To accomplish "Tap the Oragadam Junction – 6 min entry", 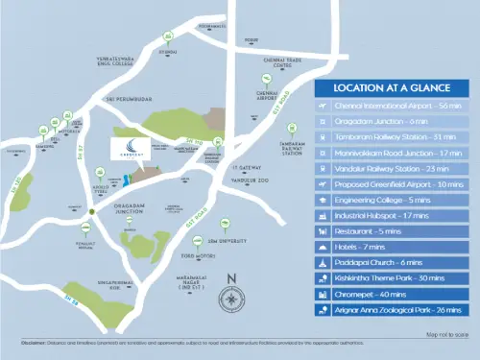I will (x=378, y=123).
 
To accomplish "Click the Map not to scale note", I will (x=447, y=333).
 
